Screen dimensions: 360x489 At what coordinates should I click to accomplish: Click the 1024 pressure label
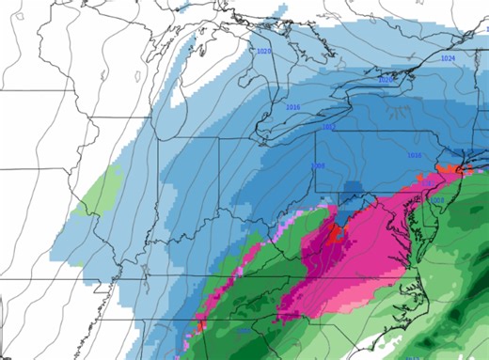pyautogui.click(x=449, y=58)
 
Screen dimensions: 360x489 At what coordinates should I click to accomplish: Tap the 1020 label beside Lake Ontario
pyautogui.click(x=385, y=81)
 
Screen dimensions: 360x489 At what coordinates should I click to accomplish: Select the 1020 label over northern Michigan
pyautogui.click(x=264, y=51)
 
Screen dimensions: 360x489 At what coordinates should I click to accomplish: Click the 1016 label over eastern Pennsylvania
pyautogui.click(x=414, y=154)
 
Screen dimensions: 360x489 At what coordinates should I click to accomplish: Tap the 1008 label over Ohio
pyautogui.click(x=317, y=166)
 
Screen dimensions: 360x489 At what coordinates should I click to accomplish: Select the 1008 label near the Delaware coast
pyautogui.click(x=436, y=199)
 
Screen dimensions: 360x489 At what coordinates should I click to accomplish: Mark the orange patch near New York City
pyautogui.click(x=454, y=169)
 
